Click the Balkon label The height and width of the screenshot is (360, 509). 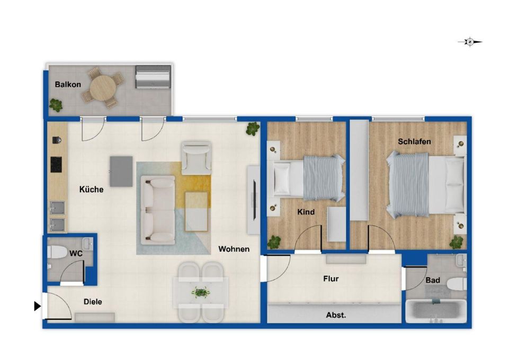pos(68,85)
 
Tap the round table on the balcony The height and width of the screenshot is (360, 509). pos(102,88)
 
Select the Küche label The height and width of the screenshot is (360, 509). pos(91,190)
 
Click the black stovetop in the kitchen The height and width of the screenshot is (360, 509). pos(56,165)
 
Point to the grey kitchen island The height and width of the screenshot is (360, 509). pos(121,171)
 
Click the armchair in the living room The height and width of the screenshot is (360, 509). pos(196,158)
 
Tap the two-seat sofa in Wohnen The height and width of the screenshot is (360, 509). pos(158,210)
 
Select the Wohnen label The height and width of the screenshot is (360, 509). pos(234,249)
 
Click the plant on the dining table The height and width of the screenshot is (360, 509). pos(201,293)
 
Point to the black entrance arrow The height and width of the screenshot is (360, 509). pos(37,306)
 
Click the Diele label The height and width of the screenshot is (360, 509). pos(93,302)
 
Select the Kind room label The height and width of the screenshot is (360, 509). pos(306,212)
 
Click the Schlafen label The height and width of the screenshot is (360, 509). pos(414,142)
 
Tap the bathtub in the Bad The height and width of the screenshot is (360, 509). pos(436,311)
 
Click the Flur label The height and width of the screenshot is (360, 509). pos(331,279)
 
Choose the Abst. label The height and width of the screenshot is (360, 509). pos(336,315)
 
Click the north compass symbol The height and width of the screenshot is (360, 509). pos(470,42)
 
